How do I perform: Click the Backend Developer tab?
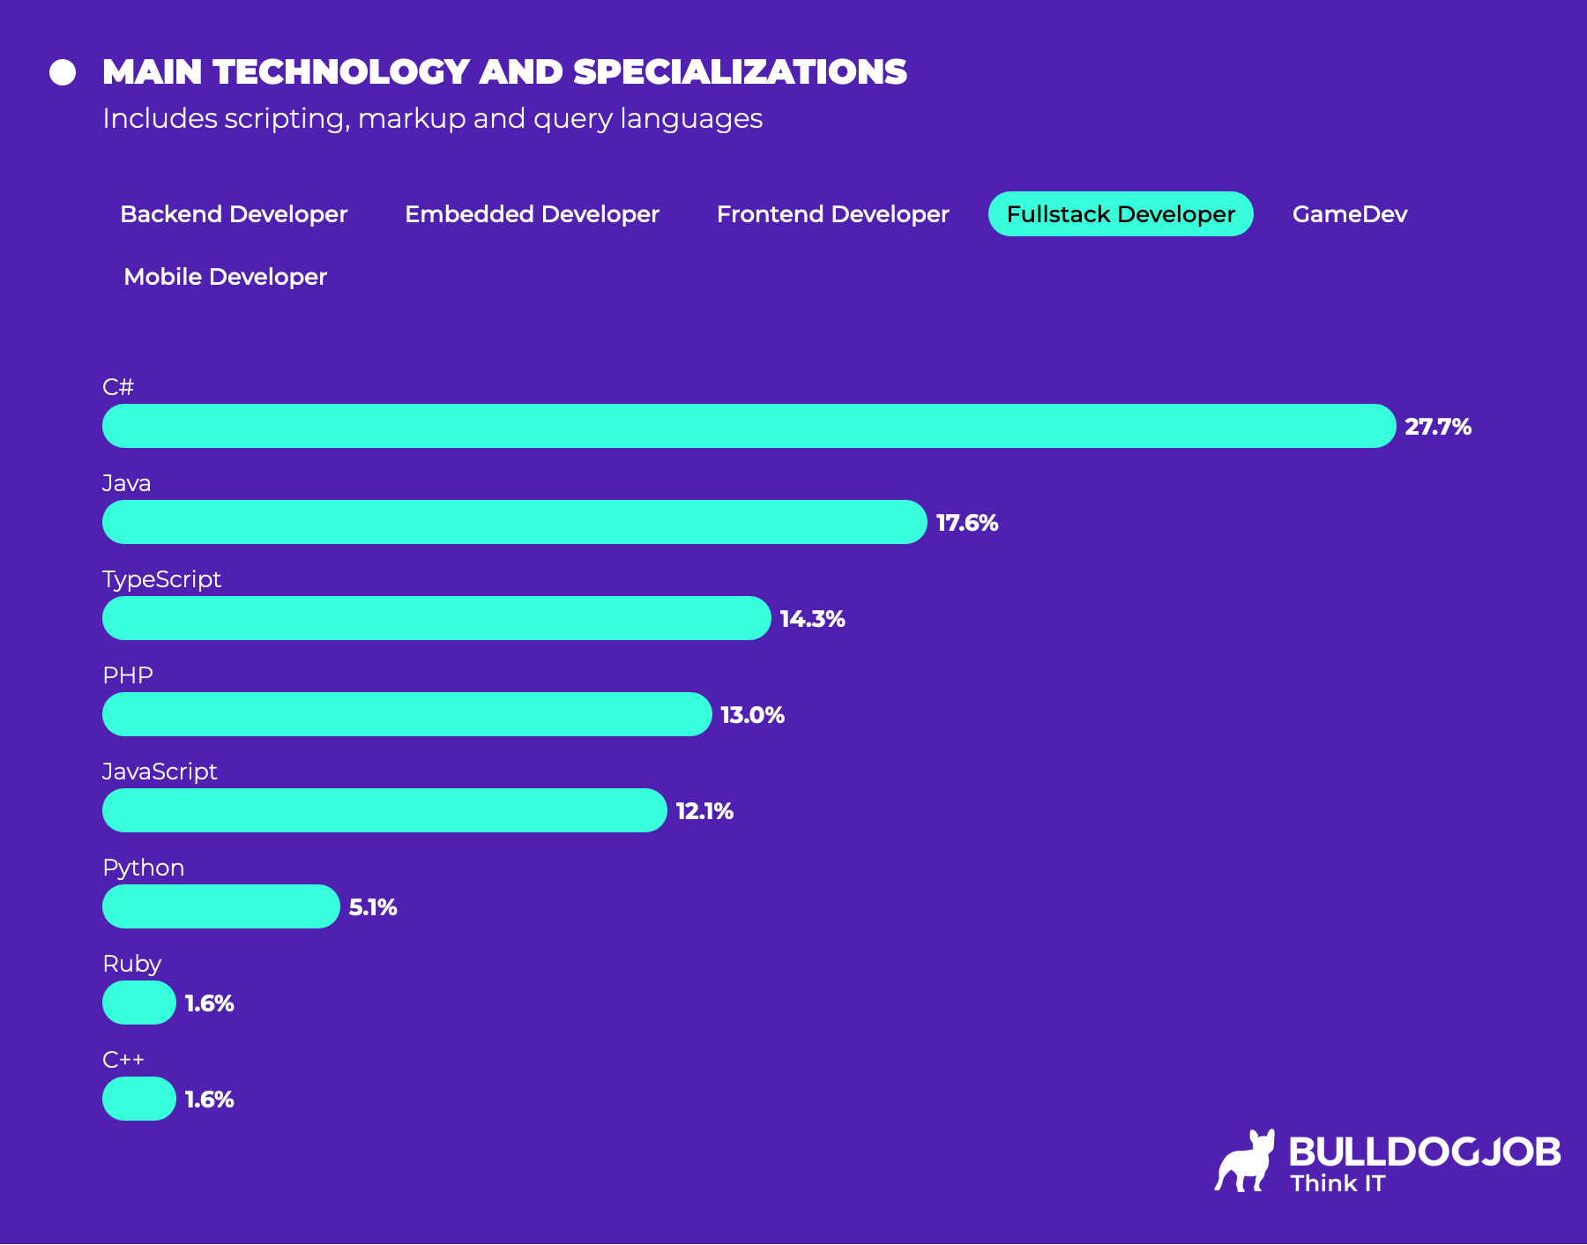234,214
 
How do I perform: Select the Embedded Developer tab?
532,214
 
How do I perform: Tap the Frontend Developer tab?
832,214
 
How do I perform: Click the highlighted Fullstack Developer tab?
1120,214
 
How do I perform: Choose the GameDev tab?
1349,214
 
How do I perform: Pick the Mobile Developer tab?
225,277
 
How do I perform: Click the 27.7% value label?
1437,427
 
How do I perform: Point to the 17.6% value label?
966,523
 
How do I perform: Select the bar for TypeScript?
436,618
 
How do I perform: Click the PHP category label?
128,675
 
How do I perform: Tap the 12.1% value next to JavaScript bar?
704,811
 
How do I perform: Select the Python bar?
220,906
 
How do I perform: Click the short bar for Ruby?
139,1003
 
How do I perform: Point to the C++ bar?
139,1099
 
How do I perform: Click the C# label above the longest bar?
118,387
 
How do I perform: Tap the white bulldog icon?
1245,1162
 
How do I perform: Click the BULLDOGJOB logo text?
1424,1152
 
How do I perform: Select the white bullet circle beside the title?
63,72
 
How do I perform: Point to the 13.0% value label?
752,715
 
